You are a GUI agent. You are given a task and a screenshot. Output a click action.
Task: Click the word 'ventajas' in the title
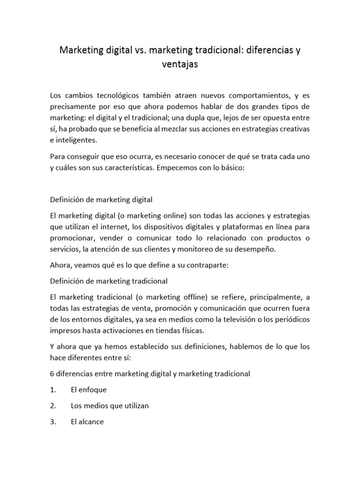coord(180,65)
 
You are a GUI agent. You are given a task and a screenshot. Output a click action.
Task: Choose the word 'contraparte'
coord(204,265)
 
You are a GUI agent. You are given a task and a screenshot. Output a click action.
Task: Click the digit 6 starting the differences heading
coord(52,374)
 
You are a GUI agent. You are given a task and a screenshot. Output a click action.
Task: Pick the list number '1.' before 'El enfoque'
coord(53,390)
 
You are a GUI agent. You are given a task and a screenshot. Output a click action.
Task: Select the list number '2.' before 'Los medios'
coord(53,405)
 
